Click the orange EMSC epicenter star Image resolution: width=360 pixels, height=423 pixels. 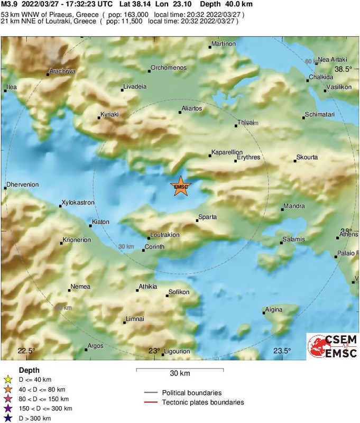tap(180, 187)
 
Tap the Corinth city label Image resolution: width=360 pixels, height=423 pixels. tap(155, 247)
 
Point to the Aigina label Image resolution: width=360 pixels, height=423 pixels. tap(273, 309)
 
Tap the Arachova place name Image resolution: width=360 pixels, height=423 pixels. tap(62, 70)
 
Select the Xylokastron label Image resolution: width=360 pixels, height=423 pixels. tap(78, 203)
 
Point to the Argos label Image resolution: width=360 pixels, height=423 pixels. tap(96, 346)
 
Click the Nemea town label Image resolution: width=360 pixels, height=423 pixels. tap(80, 287)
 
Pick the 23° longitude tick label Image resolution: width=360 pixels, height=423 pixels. tap(154, 351)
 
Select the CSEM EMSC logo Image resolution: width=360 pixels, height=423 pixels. tap(333, 346)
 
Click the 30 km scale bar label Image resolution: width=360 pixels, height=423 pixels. tap(180, 374)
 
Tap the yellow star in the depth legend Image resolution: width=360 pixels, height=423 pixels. tap(7, 379)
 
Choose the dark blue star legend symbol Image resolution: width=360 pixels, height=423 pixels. tap(7, 418)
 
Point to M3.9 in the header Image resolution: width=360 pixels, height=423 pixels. tap(11, 4)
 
